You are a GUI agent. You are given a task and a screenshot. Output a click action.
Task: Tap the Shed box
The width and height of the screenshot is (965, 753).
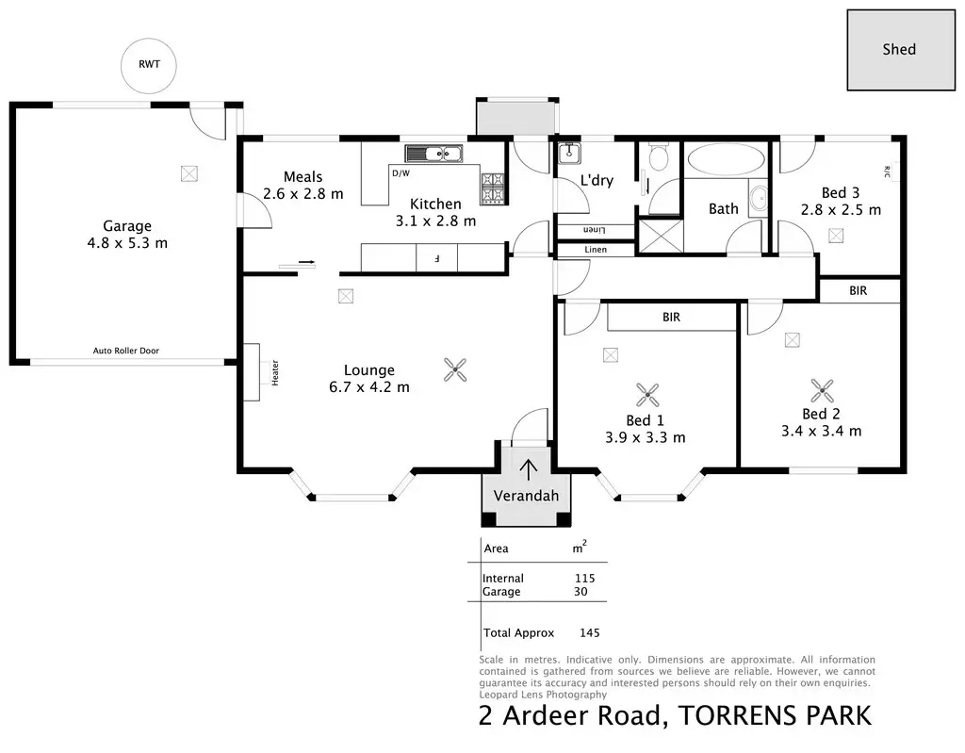click(x=901, y=50)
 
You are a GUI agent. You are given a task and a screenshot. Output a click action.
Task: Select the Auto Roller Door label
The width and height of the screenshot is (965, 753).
click(x=126, y=351)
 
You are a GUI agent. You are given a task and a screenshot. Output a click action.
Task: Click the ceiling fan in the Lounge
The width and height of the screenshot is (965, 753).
click(x=455, y=370)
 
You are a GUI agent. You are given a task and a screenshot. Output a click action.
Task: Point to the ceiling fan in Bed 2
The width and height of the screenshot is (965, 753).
click(x=822, y=390)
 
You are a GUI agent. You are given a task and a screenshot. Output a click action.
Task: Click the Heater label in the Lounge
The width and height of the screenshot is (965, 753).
click(x=275, y=373)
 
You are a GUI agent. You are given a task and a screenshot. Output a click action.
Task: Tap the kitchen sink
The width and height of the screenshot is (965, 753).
click(x=433, y=154)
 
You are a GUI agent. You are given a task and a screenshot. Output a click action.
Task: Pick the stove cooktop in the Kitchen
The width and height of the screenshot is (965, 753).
click(x=493, y=187)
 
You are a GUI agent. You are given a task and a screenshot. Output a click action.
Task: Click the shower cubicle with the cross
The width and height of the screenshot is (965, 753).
click(x=661, y=236)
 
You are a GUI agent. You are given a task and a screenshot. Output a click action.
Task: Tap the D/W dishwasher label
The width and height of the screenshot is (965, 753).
click(x=401, y=173)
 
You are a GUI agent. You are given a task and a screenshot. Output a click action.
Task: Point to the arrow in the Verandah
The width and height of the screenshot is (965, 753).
click(x=528, y=469)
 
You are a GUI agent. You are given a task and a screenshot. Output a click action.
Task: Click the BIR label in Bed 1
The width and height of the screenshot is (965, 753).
click(x=671, y=317)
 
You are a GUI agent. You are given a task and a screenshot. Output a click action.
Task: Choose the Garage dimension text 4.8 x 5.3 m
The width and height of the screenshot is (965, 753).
click(x=127, y=243)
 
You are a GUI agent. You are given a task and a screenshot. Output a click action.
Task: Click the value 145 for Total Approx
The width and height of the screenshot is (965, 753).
click(x=590, y=633)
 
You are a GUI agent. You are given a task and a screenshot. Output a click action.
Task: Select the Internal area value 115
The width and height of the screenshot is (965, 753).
click(x=584, y=578)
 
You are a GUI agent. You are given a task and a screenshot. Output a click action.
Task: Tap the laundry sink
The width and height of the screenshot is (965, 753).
click(x=569, y=153)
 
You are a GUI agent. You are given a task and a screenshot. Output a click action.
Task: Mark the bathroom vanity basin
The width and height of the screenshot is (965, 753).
click(x=759, y=198)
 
